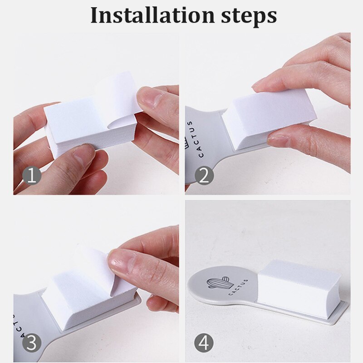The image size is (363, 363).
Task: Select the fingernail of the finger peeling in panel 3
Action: pos(119,260)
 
